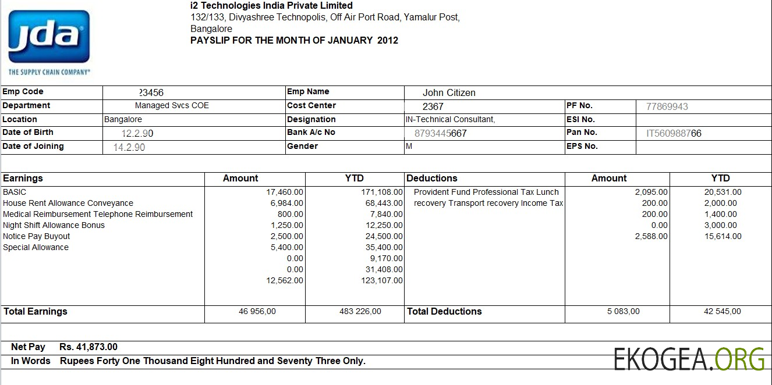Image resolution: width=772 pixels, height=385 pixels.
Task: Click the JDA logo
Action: pos(49,38)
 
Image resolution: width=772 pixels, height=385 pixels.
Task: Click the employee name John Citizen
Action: pos(449,92)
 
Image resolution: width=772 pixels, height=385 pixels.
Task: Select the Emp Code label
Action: pos(23,92)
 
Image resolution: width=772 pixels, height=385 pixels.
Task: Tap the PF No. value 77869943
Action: pos(667,106)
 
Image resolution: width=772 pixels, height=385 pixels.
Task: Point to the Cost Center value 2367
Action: pos(433,106)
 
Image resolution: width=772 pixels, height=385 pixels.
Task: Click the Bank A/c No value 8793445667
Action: pos(440,133)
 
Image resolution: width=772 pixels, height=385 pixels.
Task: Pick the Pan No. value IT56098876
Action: pos(674,133)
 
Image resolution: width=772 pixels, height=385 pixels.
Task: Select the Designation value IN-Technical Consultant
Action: pos(450,119)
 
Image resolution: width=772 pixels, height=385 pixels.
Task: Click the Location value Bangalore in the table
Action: pos(123,119)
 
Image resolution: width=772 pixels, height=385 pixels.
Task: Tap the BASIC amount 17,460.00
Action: pos(285,192)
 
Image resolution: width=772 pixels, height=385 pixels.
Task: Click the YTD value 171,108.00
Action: pos(382,192)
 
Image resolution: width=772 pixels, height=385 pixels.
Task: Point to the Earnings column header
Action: pos(23,179)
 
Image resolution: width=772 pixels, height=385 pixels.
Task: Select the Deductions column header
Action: pos(431,179)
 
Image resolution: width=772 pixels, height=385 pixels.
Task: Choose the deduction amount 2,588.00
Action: pos(651,236)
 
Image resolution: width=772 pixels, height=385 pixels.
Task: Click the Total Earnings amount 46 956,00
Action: pos(257,312)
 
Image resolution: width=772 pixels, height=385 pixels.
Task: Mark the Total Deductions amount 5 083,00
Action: pos(623,312)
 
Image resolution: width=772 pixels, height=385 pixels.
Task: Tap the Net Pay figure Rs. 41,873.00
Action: pos(88,347)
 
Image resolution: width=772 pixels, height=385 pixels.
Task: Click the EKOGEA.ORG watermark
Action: pos(689,359)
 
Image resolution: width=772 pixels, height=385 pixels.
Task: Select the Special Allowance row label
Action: pos(36,247)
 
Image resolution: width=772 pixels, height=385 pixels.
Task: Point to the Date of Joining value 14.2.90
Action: pos(129,147)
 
